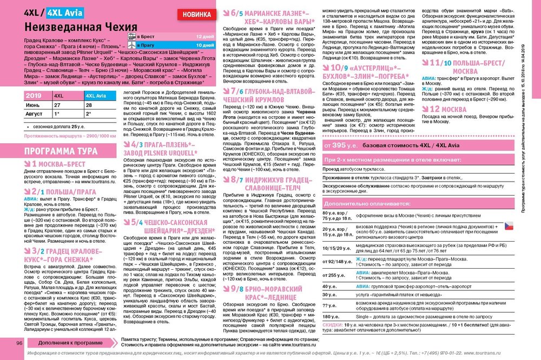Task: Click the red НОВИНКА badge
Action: click(198, 14)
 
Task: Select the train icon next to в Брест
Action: click(131, 36)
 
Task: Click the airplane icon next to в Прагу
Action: click(131, 45)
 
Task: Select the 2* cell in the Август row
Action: click(89, 115)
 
